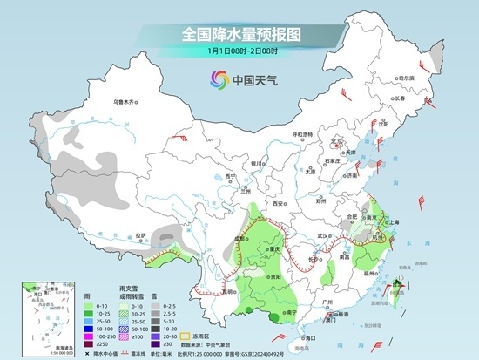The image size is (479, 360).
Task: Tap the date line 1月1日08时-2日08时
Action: point(239,51)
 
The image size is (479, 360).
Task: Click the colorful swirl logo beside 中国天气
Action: point(215,80)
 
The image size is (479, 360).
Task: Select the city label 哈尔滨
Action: point(405,78)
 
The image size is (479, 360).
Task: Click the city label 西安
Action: point(280,203)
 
